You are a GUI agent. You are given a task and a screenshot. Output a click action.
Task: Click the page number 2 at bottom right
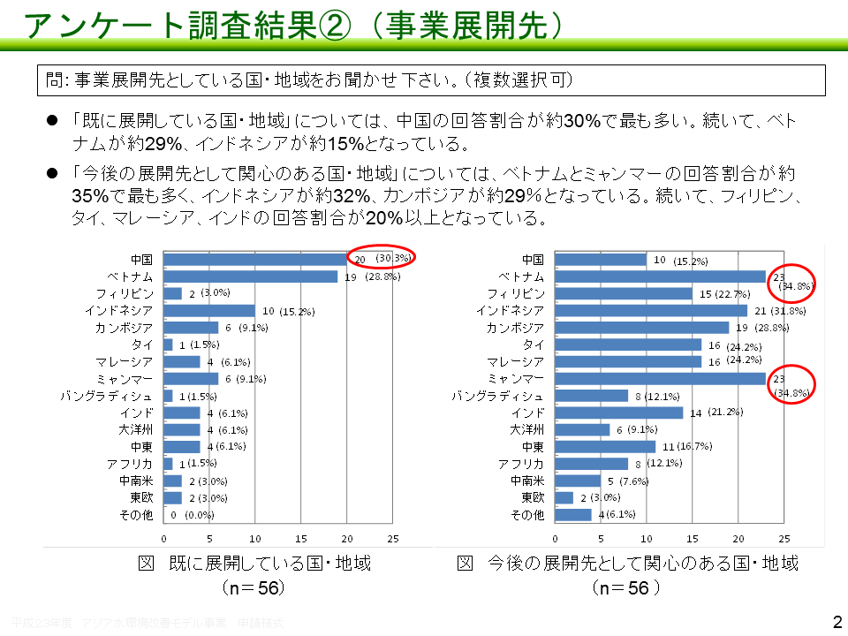click(837, 621)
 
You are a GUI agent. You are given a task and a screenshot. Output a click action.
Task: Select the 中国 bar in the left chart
click(255, 260)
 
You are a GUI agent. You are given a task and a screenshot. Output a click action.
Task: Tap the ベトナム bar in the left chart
click(251, 276)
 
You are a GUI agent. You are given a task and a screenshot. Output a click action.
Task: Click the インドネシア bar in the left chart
click(209, 311)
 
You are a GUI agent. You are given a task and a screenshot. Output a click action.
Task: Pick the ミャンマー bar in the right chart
click(660, 378)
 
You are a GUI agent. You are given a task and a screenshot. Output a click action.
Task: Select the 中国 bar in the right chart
click(601, 260)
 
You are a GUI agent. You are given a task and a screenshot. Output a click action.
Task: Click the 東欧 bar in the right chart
click(564, 497)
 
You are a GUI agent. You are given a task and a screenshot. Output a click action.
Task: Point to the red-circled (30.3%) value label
click(393, 258)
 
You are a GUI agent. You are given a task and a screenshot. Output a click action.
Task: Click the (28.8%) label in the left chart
click(382, 276)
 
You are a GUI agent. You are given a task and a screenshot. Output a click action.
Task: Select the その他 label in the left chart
click(136, 514)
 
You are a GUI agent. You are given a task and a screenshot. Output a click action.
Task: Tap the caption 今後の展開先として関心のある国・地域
click(628, 563)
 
